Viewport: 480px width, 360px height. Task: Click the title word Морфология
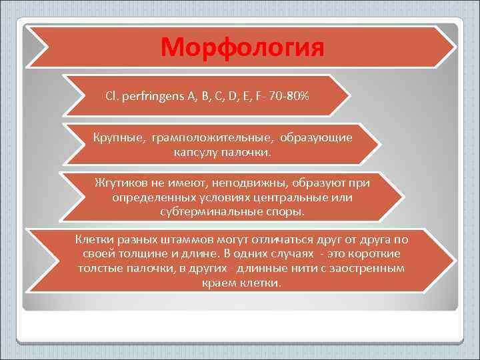pos(242,47)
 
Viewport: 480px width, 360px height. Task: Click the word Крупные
pos(119,137)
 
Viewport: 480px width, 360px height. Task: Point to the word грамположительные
pos(212,137)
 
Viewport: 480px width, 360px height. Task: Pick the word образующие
pos(316,137)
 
